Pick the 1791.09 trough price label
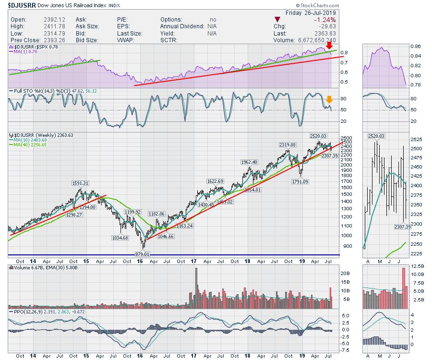(302, 181)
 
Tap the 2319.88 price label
(287, 144)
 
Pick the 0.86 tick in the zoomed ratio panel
(416, 47)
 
